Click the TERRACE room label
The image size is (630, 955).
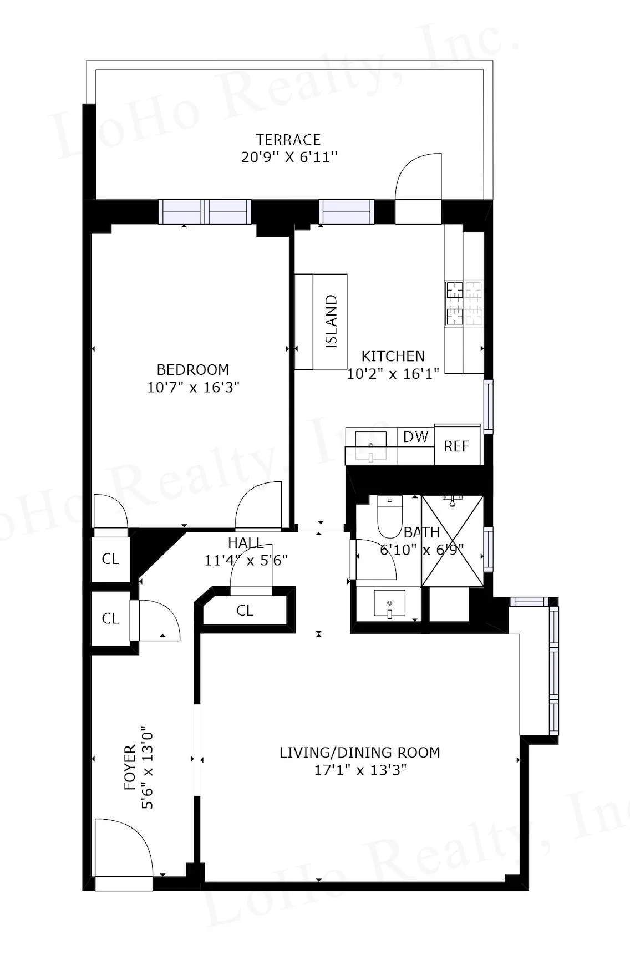coord(288,139)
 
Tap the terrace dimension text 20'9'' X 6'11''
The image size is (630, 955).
coord(289,157)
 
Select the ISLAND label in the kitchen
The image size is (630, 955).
coord(331,321)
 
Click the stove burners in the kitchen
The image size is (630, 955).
coord(463,303)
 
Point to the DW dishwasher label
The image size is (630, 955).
coord(416,436)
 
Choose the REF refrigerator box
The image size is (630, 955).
coord(456,446)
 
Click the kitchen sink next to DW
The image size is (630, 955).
coord(370,445)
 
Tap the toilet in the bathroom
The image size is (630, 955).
coord(389,516)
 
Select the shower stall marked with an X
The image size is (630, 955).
coord(452,541)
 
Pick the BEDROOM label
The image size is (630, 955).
coord(192,369)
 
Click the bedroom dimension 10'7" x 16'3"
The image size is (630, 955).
coord(193,387)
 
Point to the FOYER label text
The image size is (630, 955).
coord(130,768)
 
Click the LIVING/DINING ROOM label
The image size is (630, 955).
coord(359,753)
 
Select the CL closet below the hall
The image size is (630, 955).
coord(245,611)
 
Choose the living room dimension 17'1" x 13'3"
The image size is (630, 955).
coord(360,770)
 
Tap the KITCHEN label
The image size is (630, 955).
coord(393,356)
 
